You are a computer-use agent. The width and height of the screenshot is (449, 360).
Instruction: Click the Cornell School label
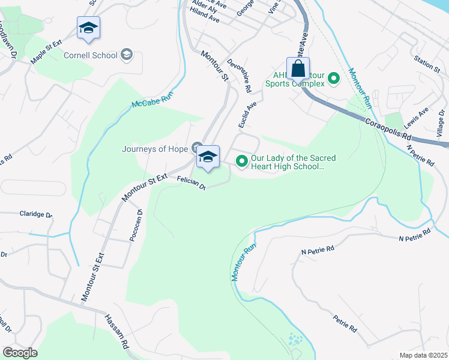[x=91, y=55]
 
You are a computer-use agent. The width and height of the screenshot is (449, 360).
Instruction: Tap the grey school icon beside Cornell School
[x=126, y=55]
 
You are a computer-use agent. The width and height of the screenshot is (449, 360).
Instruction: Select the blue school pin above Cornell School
[x=88, y=28]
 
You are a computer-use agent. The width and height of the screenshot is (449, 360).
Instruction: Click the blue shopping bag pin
[x=298, y=69]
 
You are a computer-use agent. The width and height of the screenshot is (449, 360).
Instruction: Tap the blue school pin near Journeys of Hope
[x=208, y=157]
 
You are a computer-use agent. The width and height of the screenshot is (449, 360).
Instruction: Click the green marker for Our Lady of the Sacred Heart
[x=242, y=161]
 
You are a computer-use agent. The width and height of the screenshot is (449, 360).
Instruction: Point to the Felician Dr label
[x=191, y=183]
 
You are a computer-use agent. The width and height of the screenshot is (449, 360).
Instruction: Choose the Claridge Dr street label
[x=36, y=214]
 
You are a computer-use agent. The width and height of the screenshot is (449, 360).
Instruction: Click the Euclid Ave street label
[x=247, y=115]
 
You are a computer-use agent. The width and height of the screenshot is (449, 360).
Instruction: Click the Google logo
[x=20, y=353]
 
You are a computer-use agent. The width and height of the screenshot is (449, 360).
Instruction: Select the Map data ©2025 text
[x=423, y=355]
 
